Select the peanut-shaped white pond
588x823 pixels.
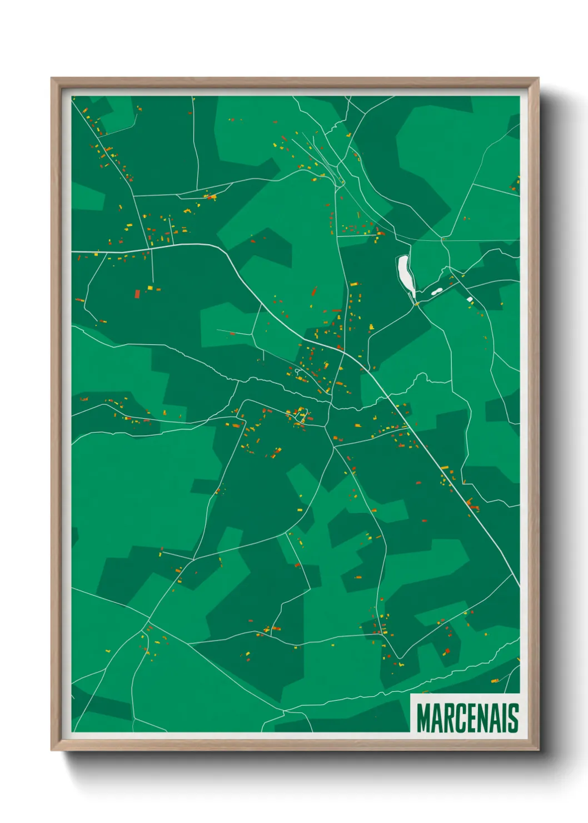[436, 291]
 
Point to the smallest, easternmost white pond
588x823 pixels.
[470, 300]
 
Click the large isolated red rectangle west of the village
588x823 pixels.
[137, 293]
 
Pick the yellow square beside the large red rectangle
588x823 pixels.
[150, 288]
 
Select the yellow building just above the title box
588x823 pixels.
[494, 681]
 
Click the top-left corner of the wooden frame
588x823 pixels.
[52, 79]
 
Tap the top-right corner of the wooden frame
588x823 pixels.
[537, 79]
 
